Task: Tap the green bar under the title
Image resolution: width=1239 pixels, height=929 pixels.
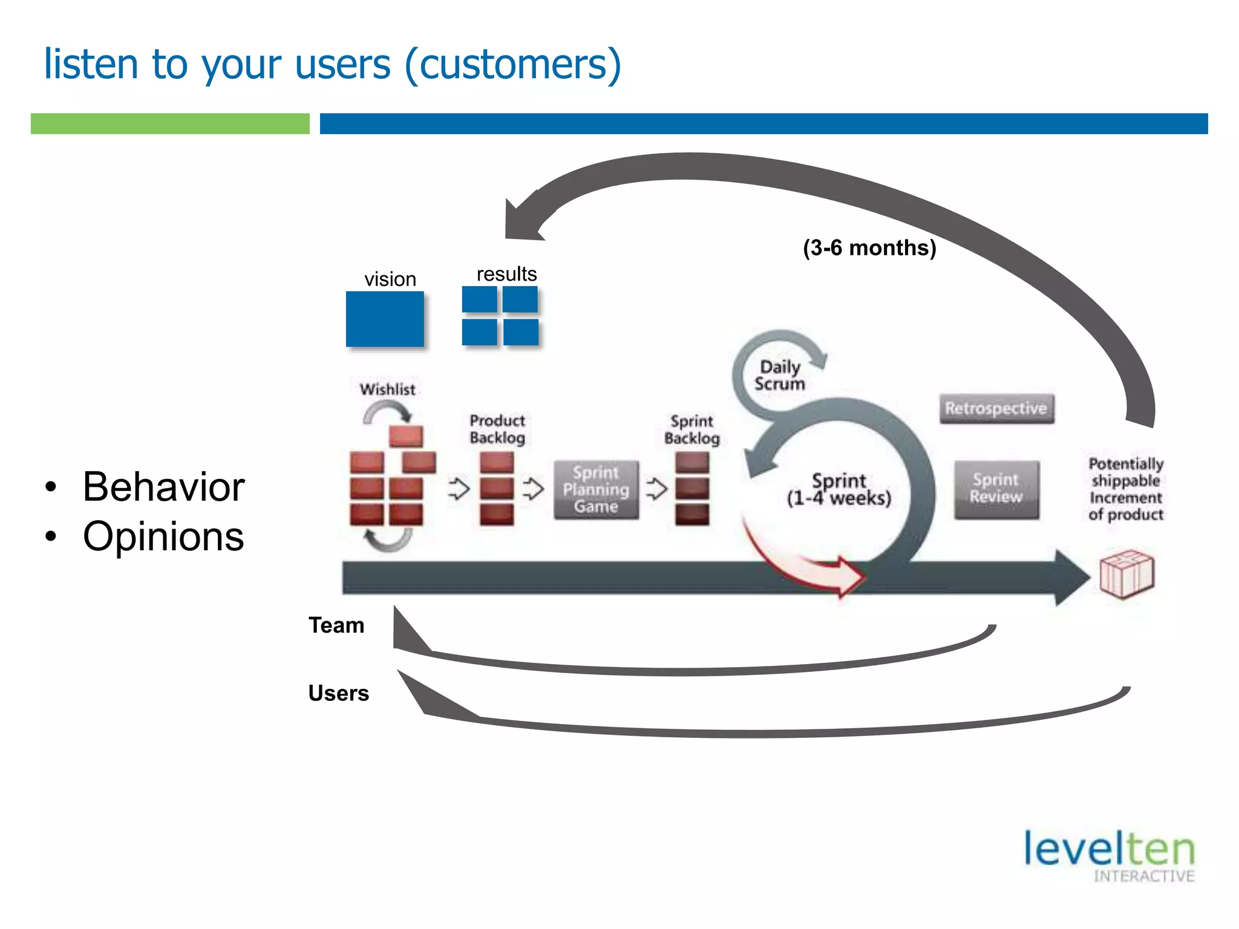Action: (x=170, y=123)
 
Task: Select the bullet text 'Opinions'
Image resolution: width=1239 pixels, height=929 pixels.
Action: (x=163, y=536)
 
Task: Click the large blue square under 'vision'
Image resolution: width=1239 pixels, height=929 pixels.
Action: (x=385, y=319)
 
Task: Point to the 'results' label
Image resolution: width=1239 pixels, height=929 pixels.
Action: (x=506, y=274)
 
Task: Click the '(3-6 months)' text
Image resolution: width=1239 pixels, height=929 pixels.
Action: (x=869, y=247)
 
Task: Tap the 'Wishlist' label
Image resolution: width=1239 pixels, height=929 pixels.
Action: (x=387, y=389)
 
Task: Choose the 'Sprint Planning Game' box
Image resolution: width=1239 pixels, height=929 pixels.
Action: (x=596, y=489)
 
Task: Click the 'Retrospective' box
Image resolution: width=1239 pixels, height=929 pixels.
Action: (x=996, y=408)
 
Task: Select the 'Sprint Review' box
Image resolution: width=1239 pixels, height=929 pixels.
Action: (x=996, y=489)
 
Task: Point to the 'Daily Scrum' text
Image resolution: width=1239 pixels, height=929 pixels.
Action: (x=779, y=375)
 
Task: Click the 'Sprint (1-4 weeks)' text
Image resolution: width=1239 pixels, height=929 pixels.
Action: (x=839, y=489)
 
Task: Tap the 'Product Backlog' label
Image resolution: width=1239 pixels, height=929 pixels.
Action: (x=497, y=429)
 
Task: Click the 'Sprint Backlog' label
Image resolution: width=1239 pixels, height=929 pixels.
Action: (x=691, y=429)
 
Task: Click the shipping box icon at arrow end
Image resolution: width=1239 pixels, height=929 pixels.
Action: (x=1126, y=574)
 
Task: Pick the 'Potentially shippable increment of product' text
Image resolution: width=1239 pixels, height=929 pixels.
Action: (x=1125, y=489)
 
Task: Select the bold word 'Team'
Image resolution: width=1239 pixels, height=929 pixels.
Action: (x=336, y=625)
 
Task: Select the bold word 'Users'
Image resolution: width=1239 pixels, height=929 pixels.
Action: (x=338, y=693)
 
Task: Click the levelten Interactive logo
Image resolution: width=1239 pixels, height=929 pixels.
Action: (x=1110, y=855)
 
